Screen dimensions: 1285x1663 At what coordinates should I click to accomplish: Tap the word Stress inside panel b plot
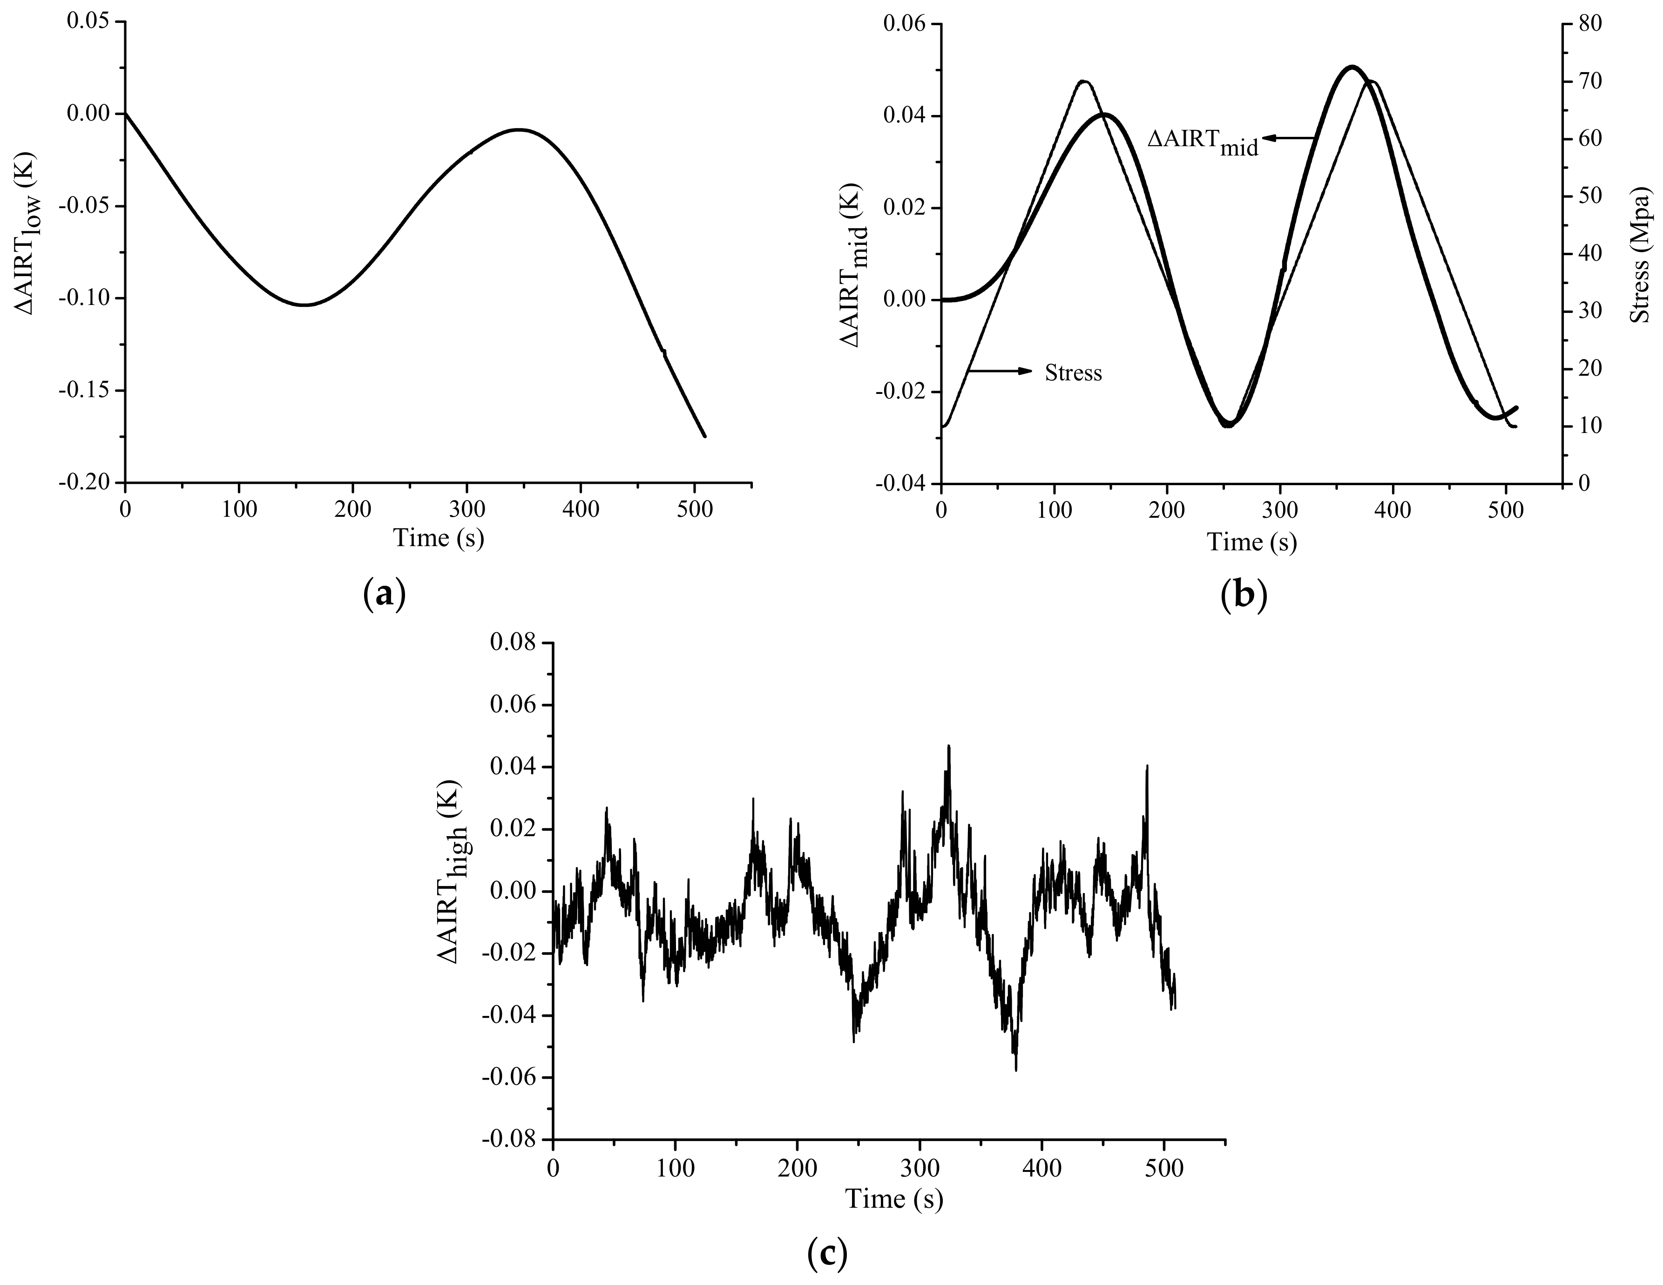coord(1073,373)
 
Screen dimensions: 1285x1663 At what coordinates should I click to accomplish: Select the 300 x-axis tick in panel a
coord(466,508)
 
